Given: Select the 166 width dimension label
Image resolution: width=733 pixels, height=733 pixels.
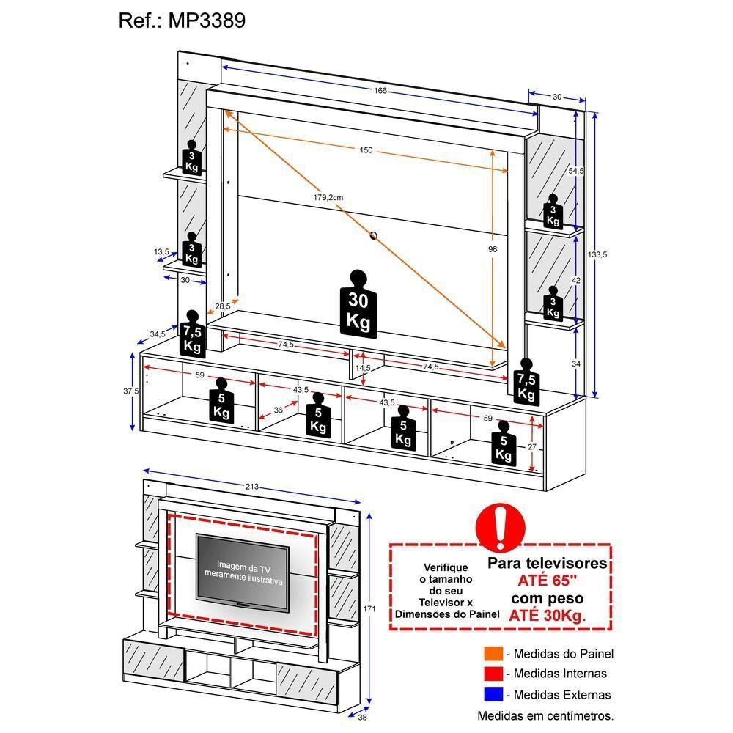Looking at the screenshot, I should (x=380, y=91).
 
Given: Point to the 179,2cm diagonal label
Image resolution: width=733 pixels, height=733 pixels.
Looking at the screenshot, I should (x=327, y=197).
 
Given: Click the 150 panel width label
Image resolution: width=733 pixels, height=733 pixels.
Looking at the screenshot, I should (x=366, y=150).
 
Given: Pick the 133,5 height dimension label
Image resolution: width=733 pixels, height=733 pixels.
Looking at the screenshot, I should (x=598, y=254).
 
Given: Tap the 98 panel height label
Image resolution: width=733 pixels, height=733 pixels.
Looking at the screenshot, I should (x=493, y=249).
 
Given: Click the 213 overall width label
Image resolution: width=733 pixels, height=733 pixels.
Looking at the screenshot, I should (x=253, y=487).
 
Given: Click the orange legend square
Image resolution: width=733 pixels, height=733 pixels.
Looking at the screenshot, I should (x=493, y=654).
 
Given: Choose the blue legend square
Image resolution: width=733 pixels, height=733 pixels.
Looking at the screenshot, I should (x=493, y=694).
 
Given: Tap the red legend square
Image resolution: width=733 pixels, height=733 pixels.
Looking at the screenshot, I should (x=493, y=674).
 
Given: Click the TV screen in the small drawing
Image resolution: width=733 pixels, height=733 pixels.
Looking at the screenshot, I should (x=242, y=572).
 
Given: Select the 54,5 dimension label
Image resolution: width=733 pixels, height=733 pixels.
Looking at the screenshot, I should (x=576, y=171).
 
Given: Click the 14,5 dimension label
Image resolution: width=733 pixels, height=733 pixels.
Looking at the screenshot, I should (x=363, y=368).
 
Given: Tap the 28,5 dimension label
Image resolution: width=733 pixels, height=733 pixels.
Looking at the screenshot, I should (x=223, y=306).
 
